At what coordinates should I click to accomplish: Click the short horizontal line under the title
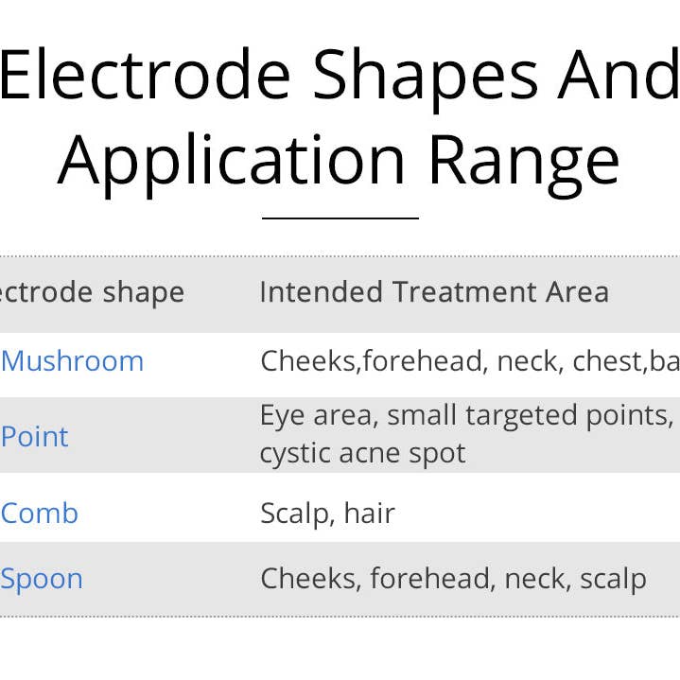pos(340,218)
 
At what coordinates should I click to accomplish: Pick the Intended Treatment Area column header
pos(434,292)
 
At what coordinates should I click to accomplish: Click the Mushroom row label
pos(73,360)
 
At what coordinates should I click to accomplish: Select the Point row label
pos(35,437)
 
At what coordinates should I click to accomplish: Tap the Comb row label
pos(40,514)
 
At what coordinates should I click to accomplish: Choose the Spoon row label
pos(42,579)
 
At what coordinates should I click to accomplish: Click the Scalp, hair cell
pos(327,514)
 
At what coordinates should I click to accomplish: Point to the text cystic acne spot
pos(362,453)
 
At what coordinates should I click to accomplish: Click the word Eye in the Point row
pos(278,416)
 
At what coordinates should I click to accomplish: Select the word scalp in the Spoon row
pos(613,579)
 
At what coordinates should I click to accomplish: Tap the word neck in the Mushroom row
pos(525,360)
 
